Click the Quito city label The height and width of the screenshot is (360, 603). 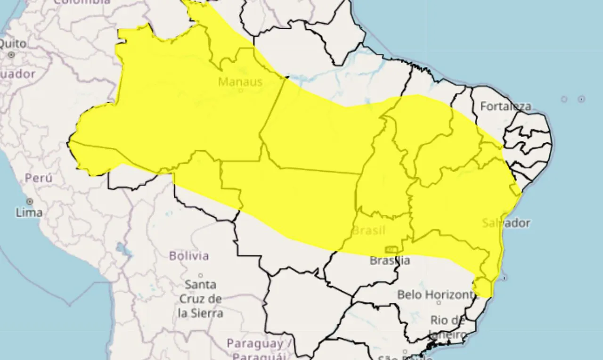(x=13, y=43)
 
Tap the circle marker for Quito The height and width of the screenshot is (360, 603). (x=11, y=55)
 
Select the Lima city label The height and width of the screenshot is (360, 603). (x=29, y=213)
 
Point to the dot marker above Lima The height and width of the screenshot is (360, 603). (x=30, y=201)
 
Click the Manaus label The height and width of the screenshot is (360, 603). (x=240, y=82)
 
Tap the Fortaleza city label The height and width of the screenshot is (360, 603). (x=505, y=106)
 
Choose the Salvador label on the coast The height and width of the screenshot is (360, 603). (x=506, y=223)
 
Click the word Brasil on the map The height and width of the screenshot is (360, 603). (x=369, y=231)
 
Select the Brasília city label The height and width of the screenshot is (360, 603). (x=390, y=260)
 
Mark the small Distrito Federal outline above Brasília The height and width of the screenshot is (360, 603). (x=391, y=249)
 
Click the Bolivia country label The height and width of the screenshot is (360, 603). (x=189, y=256)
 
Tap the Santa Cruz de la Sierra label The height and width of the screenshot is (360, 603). (x=200, y=298)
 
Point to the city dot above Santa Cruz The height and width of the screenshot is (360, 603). (x=200, y=276)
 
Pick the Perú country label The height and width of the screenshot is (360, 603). (x=39, y=178)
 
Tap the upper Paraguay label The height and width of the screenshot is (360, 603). (x=255, y=343)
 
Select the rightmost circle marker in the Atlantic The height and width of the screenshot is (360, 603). (x=581, y=99)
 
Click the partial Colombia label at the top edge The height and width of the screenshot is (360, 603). (x=82, y=2)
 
